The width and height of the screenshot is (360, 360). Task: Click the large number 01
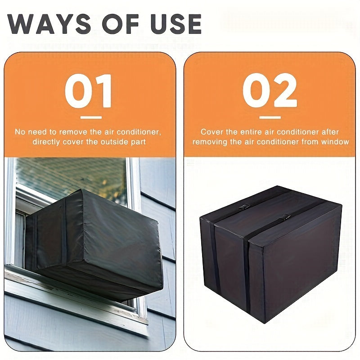88,92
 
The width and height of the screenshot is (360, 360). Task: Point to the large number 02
270,92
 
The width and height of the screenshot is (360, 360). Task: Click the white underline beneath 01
90,117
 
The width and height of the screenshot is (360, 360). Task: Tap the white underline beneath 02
270,117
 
